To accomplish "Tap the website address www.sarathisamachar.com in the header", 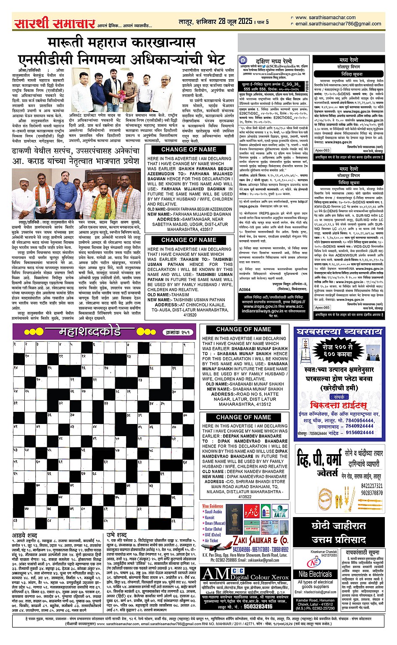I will click(326, 18).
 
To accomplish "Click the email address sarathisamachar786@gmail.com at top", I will click(332, 24).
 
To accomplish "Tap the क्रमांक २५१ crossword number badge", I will click(177, 332).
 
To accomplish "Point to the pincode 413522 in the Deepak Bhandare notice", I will click(245, 497).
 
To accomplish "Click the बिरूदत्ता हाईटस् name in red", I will click(338, 405).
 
